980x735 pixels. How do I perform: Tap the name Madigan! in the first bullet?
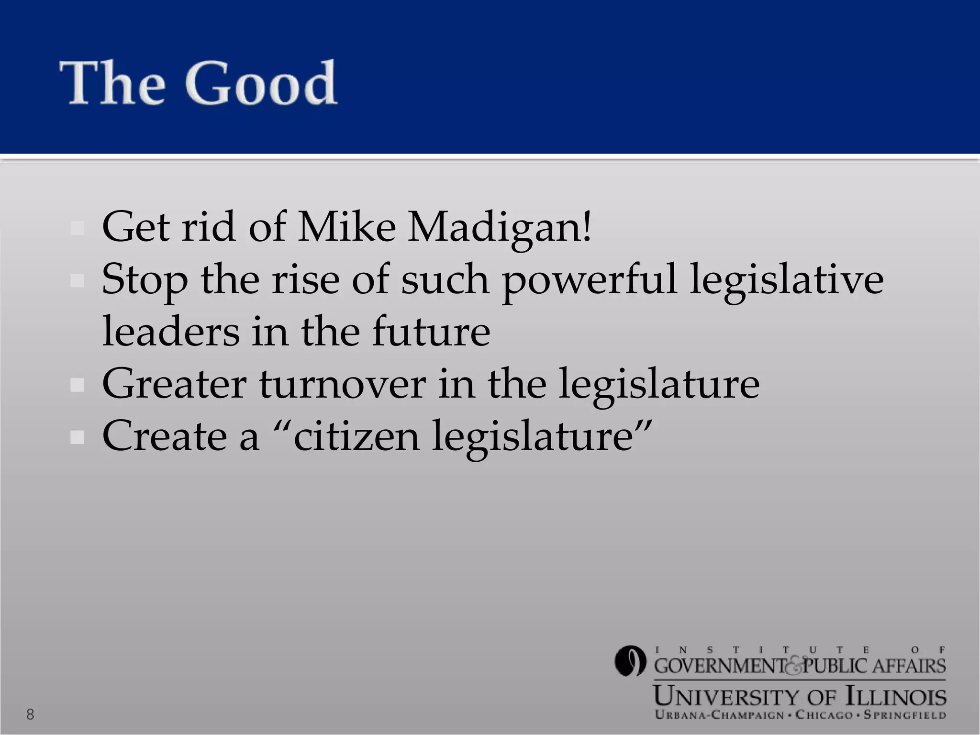pos(500,227)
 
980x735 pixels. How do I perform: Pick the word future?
pos(431,331)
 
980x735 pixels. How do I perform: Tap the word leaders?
pos(171,331)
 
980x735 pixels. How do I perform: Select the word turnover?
pos(343,384)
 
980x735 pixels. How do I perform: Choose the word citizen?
pos(356,436)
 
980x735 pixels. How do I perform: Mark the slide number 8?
pos(30,714)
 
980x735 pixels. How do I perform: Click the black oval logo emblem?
pos(630,661)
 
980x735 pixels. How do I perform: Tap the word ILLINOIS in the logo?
pos(896,697)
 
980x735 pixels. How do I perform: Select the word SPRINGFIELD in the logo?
pos(904,715)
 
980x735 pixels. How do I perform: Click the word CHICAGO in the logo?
pos(824,715)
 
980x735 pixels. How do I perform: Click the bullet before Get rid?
pos(77,228)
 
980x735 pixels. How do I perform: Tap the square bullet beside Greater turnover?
pos(77,385)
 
